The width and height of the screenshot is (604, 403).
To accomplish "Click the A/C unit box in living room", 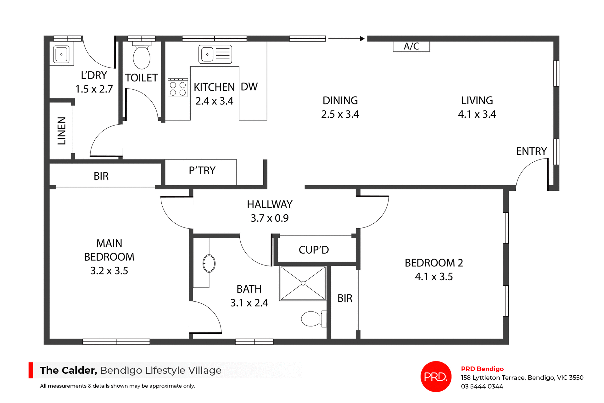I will [x=411, y=46].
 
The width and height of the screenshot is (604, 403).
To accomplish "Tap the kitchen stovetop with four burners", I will [x=178, y=88].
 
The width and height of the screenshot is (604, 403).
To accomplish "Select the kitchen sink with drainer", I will [x=215, y=54].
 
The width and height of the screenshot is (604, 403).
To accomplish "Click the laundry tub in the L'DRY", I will [x=61, y=54].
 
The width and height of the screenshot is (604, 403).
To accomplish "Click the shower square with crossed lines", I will [x=303, y=283].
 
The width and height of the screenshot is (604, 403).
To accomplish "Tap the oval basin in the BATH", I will [x=209, y=263].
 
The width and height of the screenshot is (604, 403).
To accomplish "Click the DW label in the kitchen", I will [x=249, y=87].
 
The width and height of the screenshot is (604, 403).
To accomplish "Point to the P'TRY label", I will [x=202, y=171].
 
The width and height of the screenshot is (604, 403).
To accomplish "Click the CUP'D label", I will [x=314, y=250].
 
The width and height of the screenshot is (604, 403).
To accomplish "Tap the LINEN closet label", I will [x=62, y=131].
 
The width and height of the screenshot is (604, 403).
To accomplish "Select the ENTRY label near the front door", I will [x=531, y=151].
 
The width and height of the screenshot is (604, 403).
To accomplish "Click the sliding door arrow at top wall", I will [x=346, y=39].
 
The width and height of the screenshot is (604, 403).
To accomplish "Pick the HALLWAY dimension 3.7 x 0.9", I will [x=270, y=218].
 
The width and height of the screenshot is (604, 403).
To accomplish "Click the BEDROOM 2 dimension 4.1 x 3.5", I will [x=434, y=277].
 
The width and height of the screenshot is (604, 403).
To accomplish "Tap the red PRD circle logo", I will [x=436, y=377].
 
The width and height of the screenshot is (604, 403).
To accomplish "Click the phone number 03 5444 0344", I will [x=482, y=386].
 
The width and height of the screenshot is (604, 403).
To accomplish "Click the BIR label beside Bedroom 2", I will [x=345, y=298].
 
